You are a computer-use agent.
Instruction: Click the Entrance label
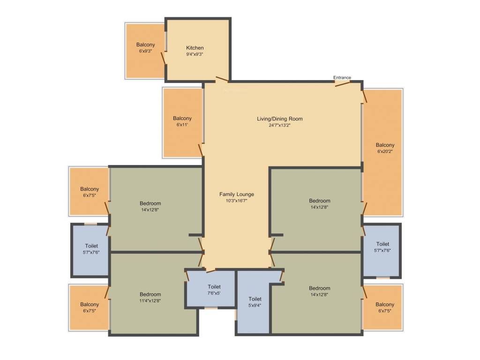point(342,77)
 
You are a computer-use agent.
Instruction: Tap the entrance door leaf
point(343,84)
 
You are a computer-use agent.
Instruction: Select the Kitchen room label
point(195,48)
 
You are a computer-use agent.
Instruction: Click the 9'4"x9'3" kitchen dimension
point(195,54)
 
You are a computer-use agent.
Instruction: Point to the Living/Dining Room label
point(279,119)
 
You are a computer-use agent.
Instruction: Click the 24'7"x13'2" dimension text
point(279,125)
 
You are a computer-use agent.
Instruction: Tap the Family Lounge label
point(237,194)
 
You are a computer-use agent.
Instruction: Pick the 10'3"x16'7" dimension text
point(237,201)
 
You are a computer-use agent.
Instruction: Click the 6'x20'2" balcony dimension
point(385,151)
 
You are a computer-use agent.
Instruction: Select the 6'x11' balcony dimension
point(182,125)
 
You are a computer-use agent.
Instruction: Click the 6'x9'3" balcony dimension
point(145,51)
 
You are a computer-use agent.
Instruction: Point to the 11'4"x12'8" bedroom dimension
point(150,300)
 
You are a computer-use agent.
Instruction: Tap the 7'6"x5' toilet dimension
point(214,293)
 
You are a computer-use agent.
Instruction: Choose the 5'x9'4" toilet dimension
point(255,305)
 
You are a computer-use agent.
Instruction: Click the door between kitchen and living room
point(222,80)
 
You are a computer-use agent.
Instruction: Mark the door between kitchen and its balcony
point(164,58)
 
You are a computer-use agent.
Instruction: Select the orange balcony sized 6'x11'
point(183,122)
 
